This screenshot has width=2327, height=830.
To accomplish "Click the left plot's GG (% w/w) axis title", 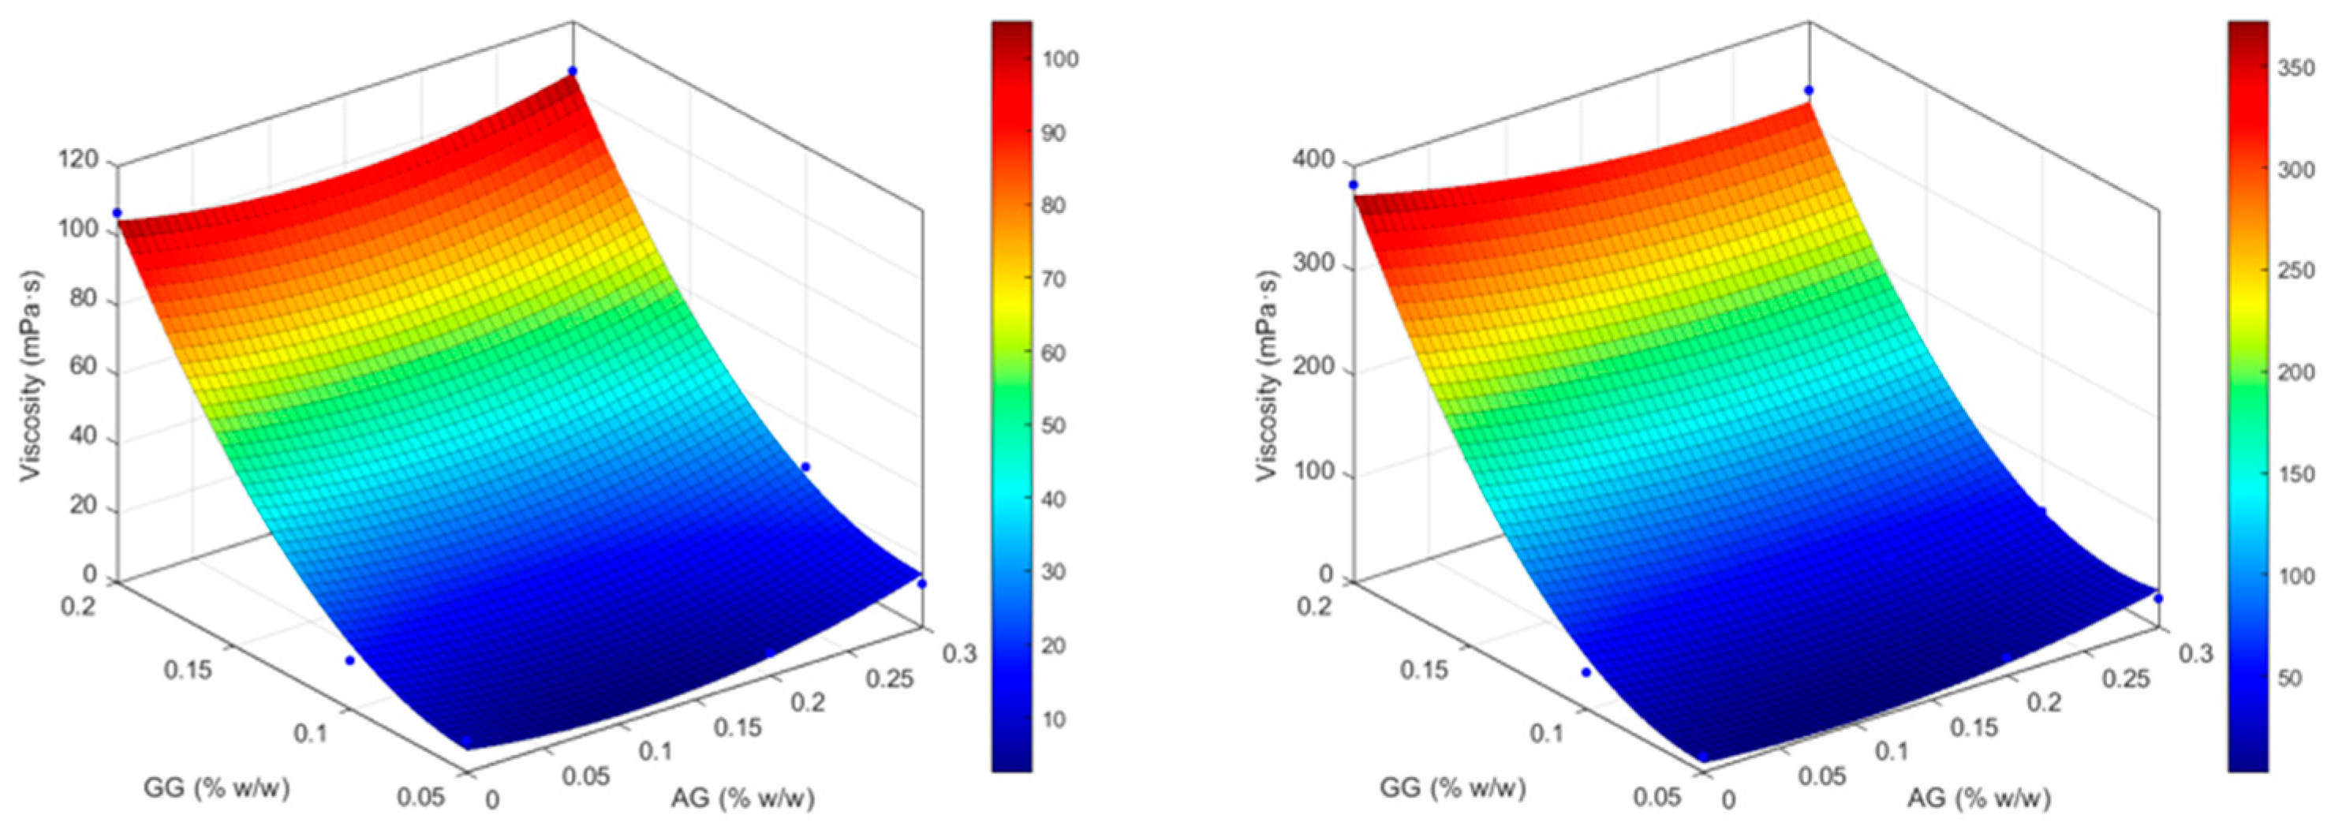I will (x=217, y=788).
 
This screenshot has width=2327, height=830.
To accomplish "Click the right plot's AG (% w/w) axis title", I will (x=1978, y=798).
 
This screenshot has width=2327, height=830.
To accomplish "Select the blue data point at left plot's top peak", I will (x=573, y=70).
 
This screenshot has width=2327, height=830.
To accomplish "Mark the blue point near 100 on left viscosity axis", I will (x=117, y=212).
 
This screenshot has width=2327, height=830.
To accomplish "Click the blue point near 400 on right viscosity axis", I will (x=1353, y=185).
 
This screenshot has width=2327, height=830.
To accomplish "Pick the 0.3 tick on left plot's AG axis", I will (x=959, y=652).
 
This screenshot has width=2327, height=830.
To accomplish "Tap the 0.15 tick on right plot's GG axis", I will (x=1425, y=669).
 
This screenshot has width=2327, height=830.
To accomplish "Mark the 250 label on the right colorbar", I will (x=2295, y=271).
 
